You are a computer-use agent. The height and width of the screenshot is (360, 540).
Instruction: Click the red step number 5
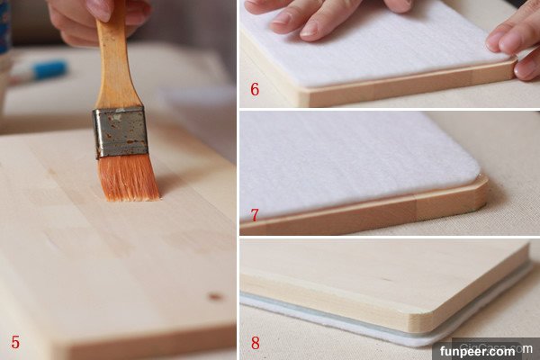coord(15,342)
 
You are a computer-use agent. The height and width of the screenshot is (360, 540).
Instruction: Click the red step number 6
coord(255,89)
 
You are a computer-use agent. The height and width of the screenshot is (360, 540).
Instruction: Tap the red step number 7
coord(254,215)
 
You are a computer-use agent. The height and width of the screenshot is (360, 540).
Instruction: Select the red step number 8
coord(256,343)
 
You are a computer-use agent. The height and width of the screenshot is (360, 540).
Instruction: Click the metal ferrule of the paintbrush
coord(121,132)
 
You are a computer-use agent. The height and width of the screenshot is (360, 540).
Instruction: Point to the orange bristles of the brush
coord(128,177)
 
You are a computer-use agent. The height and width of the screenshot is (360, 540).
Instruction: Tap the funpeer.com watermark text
coord(478,351)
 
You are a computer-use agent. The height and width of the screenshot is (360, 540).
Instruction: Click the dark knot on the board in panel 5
coord(215,296)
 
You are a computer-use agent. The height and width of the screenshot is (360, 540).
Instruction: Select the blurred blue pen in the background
coord(40,70)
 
